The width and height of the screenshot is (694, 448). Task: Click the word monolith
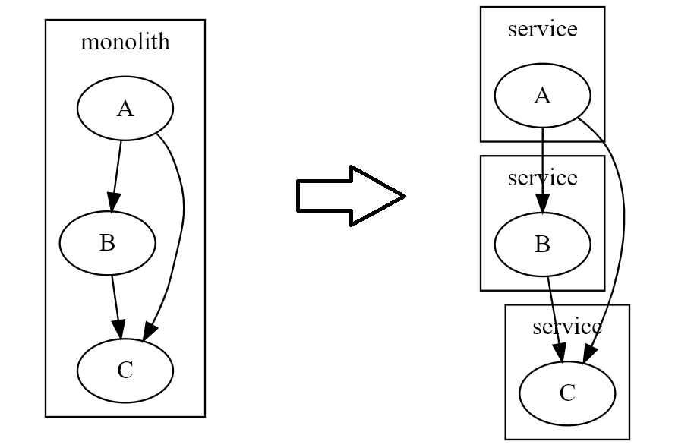click(125, 42)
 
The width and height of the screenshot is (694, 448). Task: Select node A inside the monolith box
click(125, 109)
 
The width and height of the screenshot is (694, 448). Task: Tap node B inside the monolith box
click(107, 243)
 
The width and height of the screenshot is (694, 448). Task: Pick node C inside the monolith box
click(125, 370)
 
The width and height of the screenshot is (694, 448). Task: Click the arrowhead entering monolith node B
click(112, 202)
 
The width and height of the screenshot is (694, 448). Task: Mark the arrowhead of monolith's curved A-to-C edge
click(149, 331)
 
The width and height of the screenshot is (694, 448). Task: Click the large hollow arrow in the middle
click(349, 196)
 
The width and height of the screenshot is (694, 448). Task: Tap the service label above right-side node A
click(542, 29)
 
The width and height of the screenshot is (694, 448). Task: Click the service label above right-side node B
click(542, 178)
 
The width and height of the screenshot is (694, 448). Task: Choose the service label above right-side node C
click(567, 327)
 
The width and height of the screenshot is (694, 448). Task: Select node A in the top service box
click(542, 96)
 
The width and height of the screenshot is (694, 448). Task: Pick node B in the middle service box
click(542, 245)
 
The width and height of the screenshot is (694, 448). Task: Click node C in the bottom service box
click(567, 393)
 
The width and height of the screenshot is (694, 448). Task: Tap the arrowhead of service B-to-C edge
click(560, 352)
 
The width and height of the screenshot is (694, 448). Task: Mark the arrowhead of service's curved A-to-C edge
click(590, 354)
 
